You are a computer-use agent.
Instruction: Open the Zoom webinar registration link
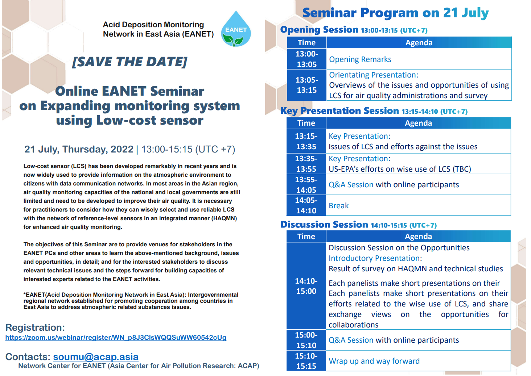[116, 337]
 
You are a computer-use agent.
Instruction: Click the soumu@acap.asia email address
[95, 357]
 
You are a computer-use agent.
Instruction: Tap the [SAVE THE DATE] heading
[129, 62]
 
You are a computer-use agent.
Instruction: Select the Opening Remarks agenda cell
[419, 59]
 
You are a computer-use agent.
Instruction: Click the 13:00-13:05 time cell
[306, 59]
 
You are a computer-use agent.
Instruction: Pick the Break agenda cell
[418, 205]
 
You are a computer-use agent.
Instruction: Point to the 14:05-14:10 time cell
[306, 205]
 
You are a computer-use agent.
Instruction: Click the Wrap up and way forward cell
[418, 361]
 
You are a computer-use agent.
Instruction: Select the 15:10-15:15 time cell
[306, 361]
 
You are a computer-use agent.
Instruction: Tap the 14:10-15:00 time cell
[306, 286]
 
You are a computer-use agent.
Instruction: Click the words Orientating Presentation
[372, 75]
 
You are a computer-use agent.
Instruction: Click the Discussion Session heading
[324, 224]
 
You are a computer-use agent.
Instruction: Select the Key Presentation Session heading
[339, 110]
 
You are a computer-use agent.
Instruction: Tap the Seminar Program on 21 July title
[395, 13]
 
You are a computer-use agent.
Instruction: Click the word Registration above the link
[35, 327]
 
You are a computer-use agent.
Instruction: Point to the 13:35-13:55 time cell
[306, 164]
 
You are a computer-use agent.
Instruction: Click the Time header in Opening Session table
[306, 43]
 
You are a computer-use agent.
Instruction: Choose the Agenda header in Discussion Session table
[418, 236]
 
